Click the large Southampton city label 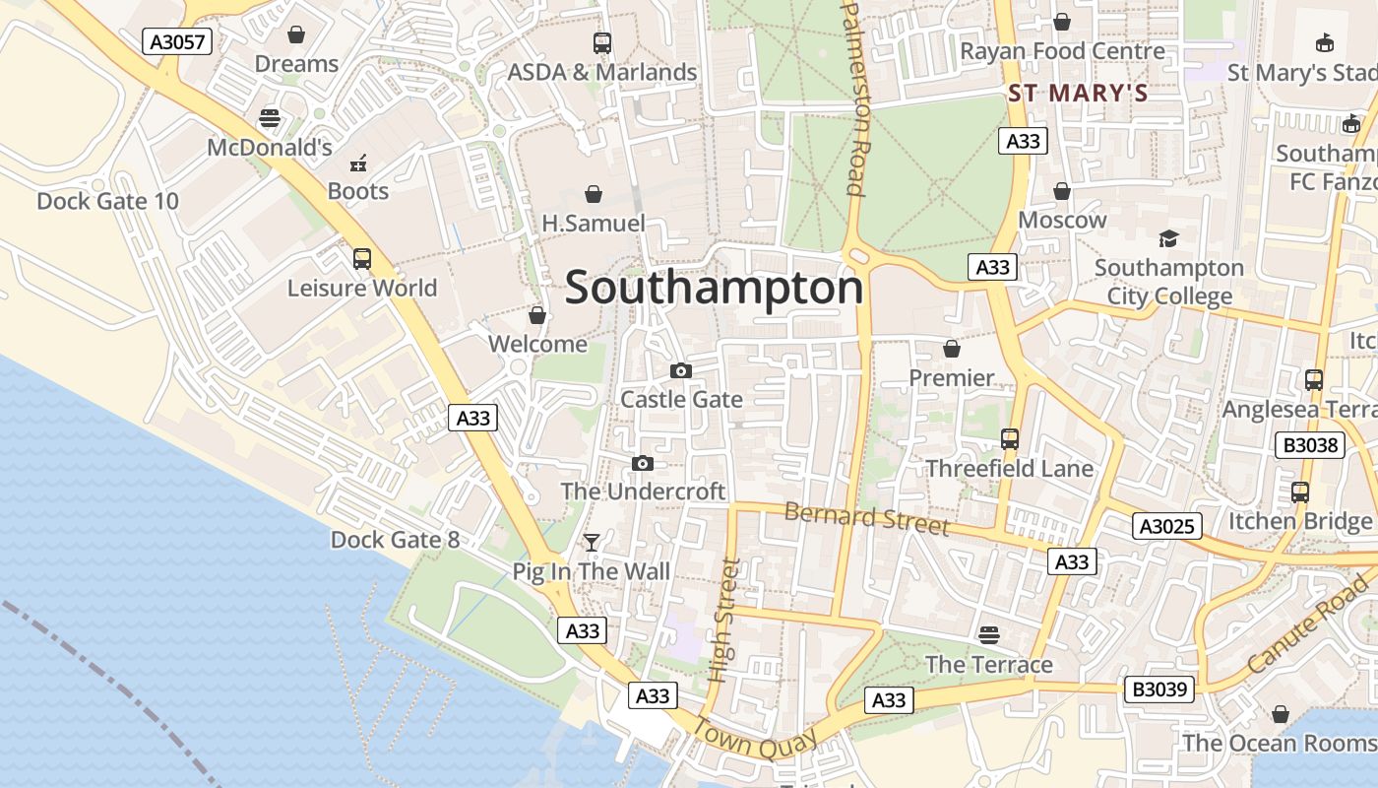pyautogui.click(x=714, y=289)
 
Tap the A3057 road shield pyautogui.click(x=177, y=41)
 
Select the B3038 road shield pyautogui.click(x=1312, y=445)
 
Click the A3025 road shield pyautogui.click(x=1167, y=526)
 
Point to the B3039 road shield pyautogui.click(x=1159, y=689)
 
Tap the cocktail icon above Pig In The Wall pyautogui.click(x=591, y=543)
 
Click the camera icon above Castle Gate pyautogui.click(x=680, y=370)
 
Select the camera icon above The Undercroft pyautogui.click(x=642, y=463)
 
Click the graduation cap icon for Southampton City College pyautogui.click(x=1168, y=238)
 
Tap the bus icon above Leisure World pyautogui.click(x=362, y=259)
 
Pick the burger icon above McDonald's pyautogui.click(x=270, y=118)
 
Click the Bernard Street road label pyautogui.click(x=866, y=518)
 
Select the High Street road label pyautogui.click(x=723, y=621)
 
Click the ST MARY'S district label pyautogui.click(x=1078, y=94)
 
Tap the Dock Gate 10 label pyautogui.click(x=107, y=202)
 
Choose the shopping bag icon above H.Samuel pyautogui.click(x=594, y=194)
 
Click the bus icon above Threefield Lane pyautogui.click(x=1009, y=439)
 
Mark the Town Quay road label pyautogui.click(x=755, y=739)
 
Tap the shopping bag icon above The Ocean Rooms pyautogui.click(x=1280, y=713)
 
